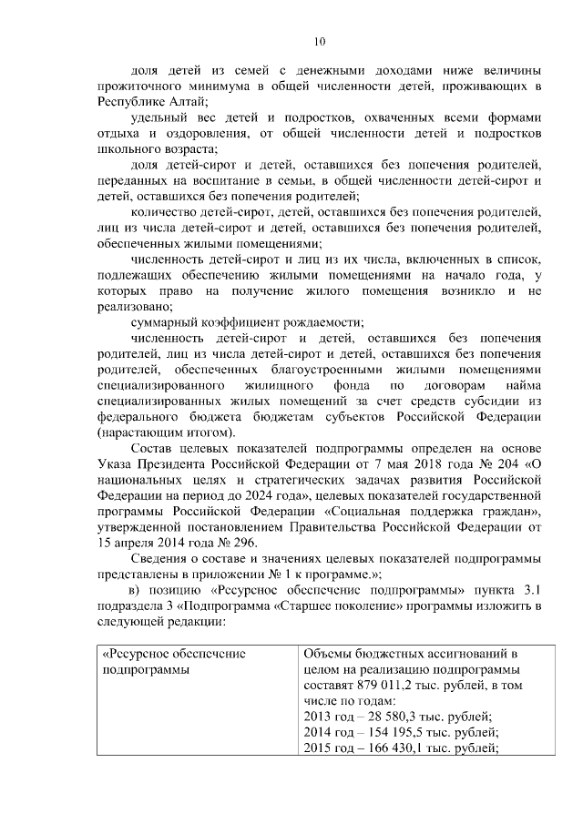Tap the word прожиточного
(139, 86)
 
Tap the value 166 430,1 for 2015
(384, 748)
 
